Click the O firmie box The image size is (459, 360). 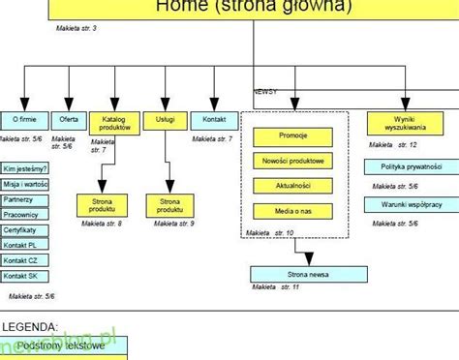23,120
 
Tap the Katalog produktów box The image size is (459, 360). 114,122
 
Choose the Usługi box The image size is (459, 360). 165,120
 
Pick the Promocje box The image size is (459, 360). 293,135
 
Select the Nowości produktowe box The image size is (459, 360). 293,160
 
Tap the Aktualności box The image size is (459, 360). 293,185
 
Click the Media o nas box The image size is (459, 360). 293,210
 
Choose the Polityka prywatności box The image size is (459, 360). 405,166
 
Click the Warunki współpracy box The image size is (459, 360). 405,204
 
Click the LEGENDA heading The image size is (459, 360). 29,328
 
